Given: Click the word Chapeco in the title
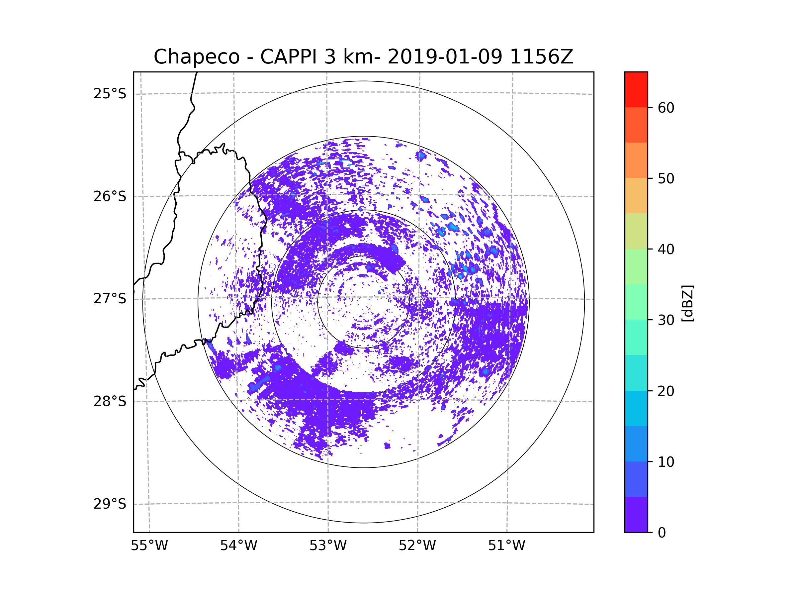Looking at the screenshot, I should tap(196, 57).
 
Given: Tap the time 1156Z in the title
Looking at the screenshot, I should tap(541, 57).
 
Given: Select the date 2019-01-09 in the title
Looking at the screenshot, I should tap(445, 57).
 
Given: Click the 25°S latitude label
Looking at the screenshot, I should tap(110, 94).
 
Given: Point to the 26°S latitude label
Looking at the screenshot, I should tap(110, 196).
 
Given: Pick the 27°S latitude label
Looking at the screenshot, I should tap(110, 299).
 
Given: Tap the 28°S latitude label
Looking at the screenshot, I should tap(110, 401).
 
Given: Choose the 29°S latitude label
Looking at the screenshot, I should tap(110, 504).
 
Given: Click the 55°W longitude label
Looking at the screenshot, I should tap(149, 546).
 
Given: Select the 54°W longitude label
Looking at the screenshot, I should tap(238, 546).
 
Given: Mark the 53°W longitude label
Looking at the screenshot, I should tap(328, 546).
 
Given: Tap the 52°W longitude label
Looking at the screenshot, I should tap(417, 546).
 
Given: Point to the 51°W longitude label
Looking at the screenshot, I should tap(506, 546).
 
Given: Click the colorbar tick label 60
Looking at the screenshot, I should tap(666, 108).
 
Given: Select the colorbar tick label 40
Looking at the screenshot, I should tap(666, 249).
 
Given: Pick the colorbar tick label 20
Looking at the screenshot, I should tap(666, 391).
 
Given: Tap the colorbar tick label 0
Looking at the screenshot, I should tap(662, 533).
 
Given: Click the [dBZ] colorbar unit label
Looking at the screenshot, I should tap(687, 303).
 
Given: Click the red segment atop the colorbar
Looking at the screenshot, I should tap(636, 89).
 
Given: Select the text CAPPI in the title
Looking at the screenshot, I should tap(288, 57).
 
